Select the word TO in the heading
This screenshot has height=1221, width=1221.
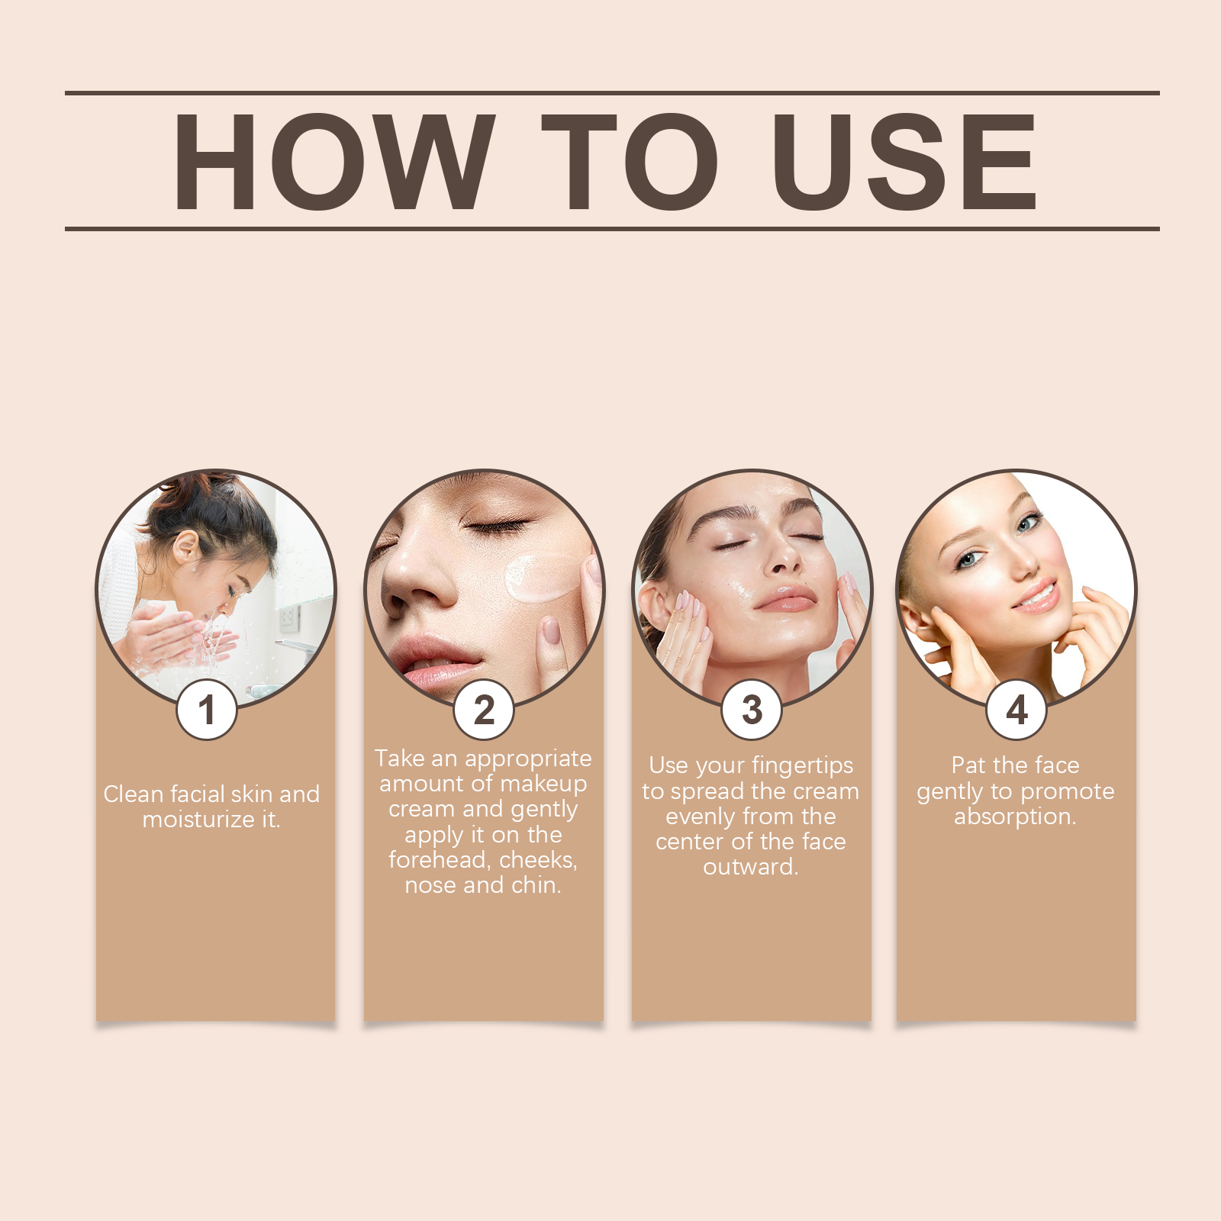click(630, 161)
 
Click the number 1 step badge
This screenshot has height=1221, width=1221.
click(206, 710)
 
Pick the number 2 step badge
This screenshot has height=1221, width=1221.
click(484, 710)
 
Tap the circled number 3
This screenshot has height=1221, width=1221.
click(752, 710)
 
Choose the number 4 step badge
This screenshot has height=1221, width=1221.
click(1016, 710)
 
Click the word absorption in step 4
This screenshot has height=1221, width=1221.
click(1013, 817)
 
